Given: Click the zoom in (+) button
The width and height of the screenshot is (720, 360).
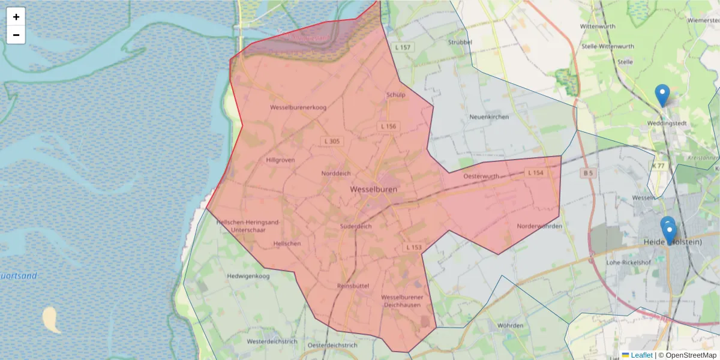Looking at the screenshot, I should point(16,17).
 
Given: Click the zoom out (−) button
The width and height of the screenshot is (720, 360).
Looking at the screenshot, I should point(16,35).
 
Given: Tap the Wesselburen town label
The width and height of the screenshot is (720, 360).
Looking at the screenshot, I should point(373,188).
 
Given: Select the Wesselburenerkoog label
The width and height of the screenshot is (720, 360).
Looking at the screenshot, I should point(298,107).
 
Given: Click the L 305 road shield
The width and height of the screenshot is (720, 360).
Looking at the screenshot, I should point(331,142).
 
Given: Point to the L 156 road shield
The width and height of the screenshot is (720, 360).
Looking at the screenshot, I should point(388,127).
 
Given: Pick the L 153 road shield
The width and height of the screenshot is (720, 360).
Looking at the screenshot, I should point(413,247).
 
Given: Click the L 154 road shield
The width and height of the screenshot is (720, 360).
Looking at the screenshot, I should point(535,173).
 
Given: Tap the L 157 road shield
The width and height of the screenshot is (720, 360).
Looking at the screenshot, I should point(403,47).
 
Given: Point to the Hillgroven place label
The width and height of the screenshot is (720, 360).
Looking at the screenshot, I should point(280,160).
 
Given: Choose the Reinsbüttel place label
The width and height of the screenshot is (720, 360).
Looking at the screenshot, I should point(353,286).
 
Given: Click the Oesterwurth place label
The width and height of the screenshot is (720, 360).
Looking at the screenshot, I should point(481,176).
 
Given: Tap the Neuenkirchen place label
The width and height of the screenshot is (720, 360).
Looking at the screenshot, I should point(489,116).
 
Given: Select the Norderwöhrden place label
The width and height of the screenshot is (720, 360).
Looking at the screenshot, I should point(539,226).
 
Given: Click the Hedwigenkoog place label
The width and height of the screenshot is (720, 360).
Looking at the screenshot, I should point(248,276).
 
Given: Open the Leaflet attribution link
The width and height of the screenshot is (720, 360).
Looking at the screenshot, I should point(641,355).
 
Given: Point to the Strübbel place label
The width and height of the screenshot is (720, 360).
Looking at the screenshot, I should point(460,43).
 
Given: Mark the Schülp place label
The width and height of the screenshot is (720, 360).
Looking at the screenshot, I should point(396,94).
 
